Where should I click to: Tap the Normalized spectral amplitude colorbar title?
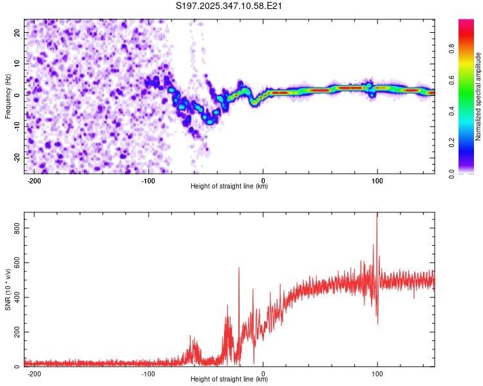(478, 96)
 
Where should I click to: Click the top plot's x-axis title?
(229, 187)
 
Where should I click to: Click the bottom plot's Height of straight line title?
(229, 380)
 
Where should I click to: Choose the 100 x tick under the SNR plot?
(377, 373)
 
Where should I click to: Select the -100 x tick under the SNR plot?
(149, 373)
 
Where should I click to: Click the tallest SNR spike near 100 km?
(377, 216)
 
